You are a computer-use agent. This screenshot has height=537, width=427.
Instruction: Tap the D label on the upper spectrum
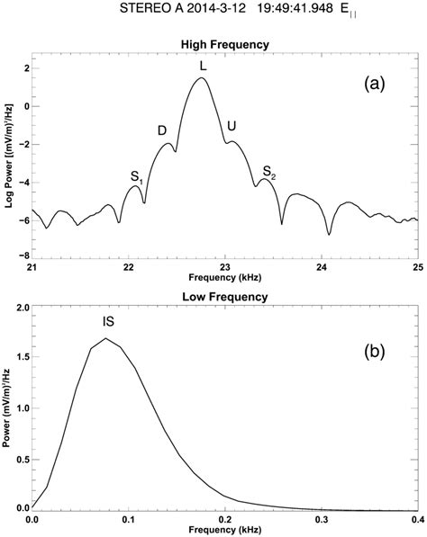pyautogui.click(x=162, y=130)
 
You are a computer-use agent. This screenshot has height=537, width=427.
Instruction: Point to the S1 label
pyautogui.click(x=137, y=177)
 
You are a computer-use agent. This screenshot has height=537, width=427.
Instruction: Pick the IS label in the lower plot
pyautogui.click(x=107, y=320)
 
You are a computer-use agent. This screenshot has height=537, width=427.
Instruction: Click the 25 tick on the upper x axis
pyautogui.click(x=416, y=266)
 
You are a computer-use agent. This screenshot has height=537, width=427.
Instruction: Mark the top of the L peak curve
pyautogui.click(x=202, y=78)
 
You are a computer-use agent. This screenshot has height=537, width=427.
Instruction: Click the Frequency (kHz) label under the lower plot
pyautogui.click(x=224, y=531)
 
